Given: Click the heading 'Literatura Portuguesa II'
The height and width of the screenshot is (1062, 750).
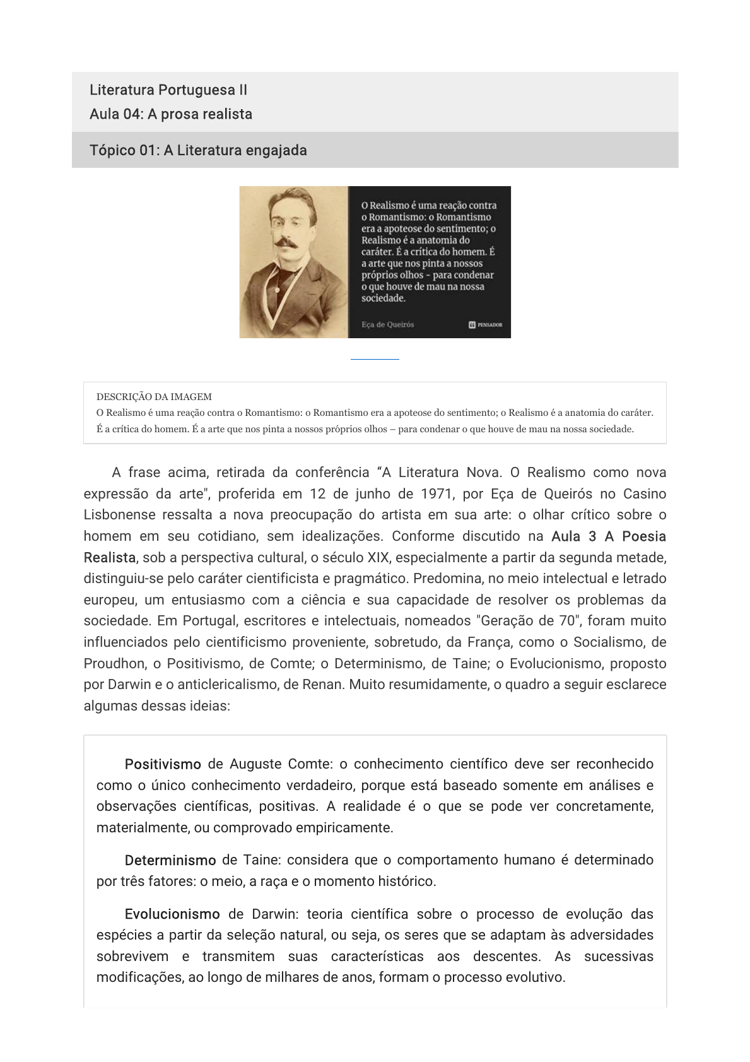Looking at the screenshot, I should (168, 90).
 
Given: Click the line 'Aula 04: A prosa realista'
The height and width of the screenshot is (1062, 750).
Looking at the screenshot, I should (170, 114).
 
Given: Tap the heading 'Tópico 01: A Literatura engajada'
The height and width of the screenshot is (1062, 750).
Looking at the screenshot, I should (198, 150).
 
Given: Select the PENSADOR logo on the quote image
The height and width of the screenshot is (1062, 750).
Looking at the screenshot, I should (486, 324).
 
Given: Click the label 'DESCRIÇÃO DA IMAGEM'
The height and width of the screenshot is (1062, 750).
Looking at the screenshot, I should (154, 397).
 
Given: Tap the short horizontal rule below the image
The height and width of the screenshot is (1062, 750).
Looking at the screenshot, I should (375, 359).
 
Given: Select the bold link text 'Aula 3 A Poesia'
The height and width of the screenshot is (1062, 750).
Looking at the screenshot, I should (608, 536).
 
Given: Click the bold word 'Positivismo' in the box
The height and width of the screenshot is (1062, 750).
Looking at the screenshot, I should (163, 764).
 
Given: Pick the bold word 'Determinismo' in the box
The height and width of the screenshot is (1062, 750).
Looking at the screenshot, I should (170, 860).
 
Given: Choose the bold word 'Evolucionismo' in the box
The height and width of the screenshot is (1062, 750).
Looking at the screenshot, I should (172, 914).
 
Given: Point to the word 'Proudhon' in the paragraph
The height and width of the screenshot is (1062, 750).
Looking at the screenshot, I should (113, 663).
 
